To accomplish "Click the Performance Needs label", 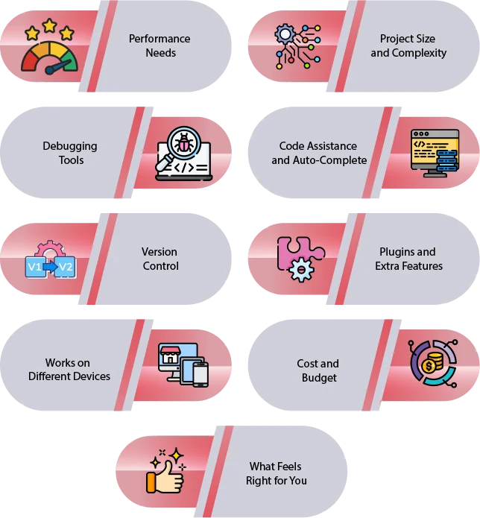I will (x=159, y=45).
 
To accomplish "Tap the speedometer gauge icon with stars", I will (x=48, y=52).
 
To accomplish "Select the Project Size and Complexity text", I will (x=408, y=45).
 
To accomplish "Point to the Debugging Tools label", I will (x=70, y=153).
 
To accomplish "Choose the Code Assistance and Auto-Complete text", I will (x=318, y=153).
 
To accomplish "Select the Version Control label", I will (x=160, y=259).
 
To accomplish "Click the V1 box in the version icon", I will (x=35, y=267).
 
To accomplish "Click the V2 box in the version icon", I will (x=66, y=267).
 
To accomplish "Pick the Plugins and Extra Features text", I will (x=408, y=259).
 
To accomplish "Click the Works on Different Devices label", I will (x=69, y=370).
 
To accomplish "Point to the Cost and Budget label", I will (x=318, y=370).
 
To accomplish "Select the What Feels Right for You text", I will (x=276, y=473).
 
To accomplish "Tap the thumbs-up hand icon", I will (x=166, y=474).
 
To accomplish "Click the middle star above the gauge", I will (x=49, y=26).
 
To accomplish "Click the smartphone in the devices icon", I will (x=200, y=373).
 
